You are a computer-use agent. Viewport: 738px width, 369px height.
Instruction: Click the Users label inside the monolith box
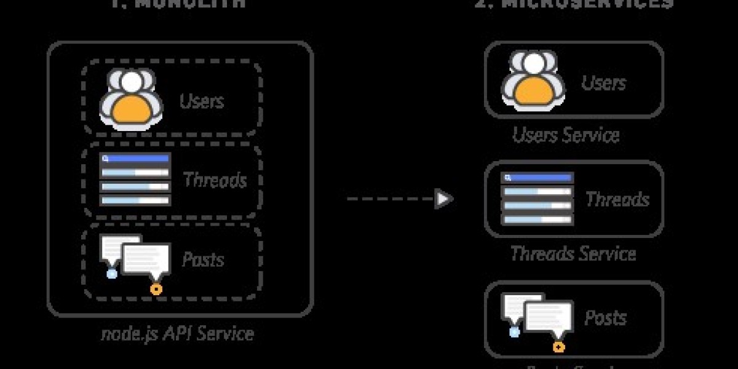202,100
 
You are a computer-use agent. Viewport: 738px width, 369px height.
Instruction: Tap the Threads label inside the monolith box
215,180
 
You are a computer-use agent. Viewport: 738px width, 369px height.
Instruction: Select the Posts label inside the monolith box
203,259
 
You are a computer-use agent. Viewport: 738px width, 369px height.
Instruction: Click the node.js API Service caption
177,333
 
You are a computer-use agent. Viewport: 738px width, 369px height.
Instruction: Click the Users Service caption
566,134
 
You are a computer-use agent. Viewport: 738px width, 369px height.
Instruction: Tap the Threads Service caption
573,253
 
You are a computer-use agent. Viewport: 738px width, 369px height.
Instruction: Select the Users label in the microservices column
603,82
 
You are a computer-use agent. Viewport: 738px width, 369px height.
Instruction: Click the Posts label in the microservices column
605,317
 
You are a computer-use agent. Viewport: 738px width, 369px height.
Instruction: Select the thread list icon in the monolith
135,180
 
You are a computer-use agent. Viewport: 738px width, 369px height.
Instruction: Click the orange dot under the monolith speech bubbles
156,288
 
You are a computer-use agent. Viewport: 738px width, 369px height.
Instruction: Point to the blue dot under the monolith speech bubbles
111,273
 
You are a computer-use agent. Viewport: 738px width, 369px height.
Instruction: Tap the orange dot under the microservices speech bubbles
558,347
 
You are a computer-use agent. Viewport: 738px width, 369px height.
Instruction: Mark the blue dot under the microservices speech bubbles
514,332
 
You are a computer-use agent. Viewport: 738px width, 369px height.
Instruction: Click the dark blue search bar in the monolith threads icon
135,159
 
